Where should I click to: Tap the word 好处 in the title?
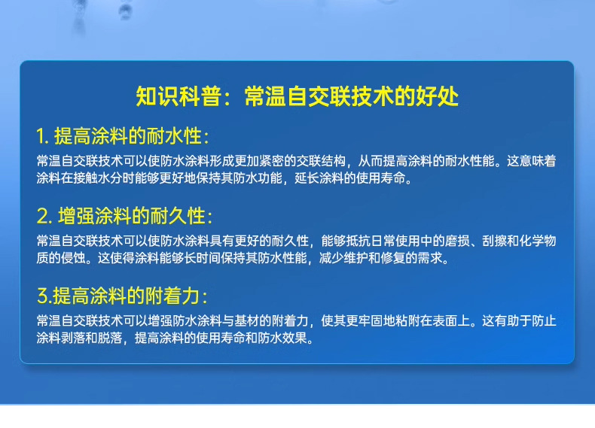coord(438,97)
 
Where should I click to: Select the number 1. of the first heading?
coord(42,137)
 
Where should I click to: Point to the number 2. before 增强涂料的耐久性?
coord(44,217)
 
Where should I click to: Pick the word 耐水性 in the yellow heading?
coord(175,137)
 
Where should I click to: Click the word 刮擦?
coord(493,241)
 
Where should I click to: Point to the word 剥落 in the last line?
coord(72,338)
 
